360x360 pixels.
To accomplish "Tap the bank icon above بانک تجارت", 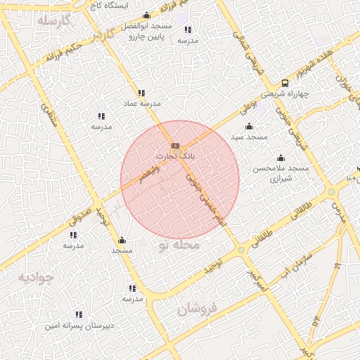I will pos(175,146).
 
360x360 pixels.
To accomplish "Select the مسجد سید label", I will pos(250,136).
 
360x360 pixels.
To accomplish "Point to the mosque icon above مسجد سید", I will pos(249,126).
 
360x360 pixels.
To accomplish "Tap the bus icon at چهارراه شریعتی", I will pos(285,83).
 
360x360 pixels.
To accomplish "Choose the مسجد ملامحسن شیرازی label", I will pos(281,174).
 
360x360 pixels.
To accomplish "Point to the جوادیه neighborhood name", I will pos(35,277).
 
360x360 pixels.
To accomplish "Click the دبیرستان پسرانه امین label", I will pos(79,326).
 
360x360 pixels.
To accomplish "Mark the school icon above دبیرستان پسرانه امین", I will pos(79,314).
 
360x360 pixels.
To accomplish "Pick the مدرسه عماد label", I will pos(142,103).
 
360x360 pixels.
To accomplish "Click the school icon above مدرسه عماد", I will pos(141,93).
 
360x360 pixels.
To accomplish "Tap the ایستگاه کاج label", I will pos(108,5).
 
